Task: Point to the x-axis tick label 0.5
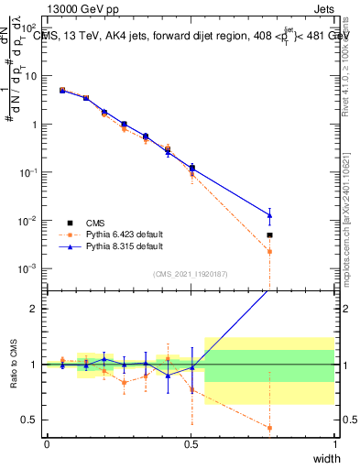tap(191, 444)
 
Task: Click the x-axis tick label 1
tap(334, 444)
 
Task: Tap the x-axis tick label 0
tap(47, 444)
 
